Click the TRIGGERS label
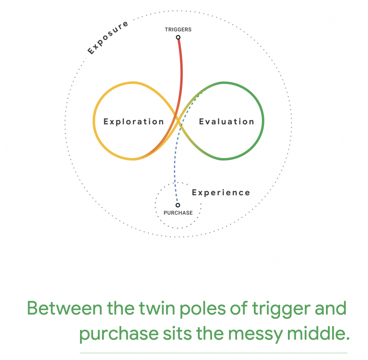click(178, 30)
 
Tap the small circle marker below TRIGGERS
click(178, 37)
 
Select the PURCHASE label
click(178, 213)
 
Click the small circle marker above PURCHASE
click(178, 205)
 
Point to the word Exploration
click(133, 122)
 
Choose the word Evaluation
click(227, 122)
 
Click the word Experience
click(221, 193)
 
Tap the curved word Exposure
click(108, 38)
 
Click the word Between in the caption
click(65, 308)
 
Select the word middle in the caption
click(318, 333)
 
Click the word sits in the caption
click(177, 333)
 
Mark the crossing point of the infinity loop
click(178, 121)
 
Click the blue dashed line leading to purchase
click(175, 164)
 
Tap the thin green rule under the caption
click(213, 353)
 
